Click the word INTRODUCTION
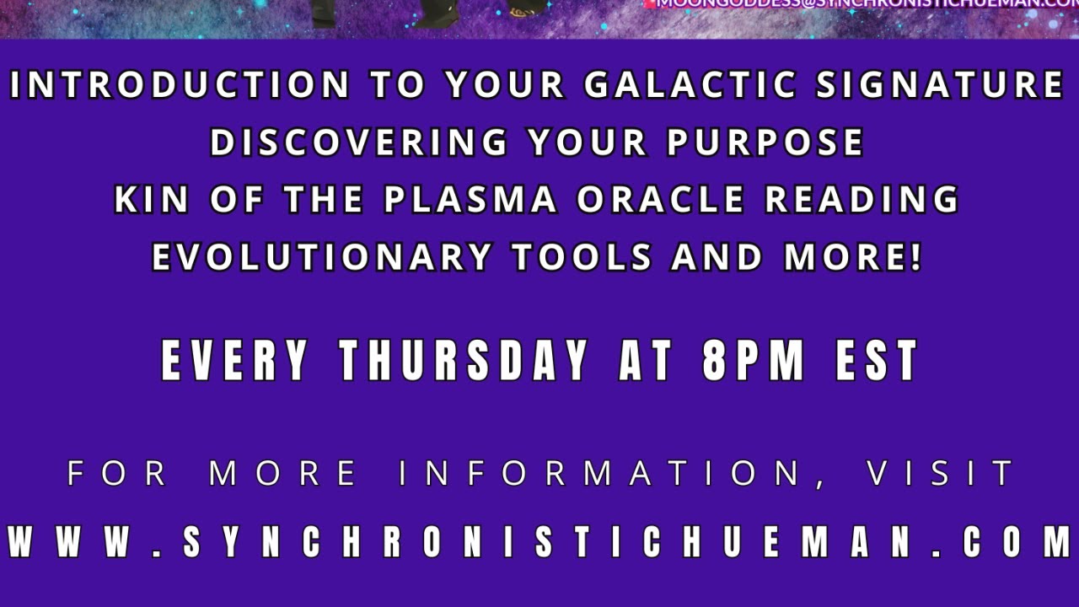tap(180, 86)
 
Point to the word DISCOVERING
tap(359, 143)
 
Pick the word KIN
tap(148, 201)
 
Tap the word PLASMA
tap(470, 201)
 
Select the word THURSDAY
tap(464, 361)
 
